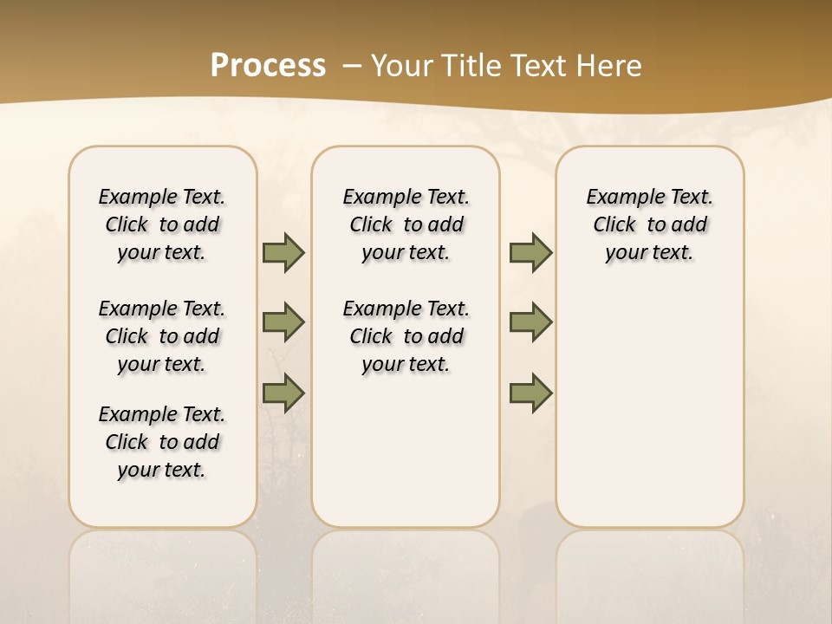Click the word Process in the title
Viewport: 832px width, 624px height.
click(x=268, y=65)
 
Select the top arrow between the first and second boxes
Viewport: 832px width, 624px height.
click(x=283, y=252)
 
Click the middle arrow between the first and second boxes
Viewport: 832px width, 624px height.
click(x=283, y=322)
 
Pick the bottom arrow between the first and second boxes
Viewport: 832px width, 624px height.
click(x=283, y=393)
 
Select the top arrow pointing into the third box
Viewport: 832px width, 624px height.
click(x=530, y=252)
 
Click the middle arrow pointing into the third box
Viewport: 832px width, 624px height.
click(x=530, y=322)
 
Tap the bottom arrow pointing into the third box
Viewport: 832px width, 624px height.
click(x=530, y=393)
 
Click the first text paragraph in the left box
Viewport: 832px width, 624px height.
click(x=162, y=224)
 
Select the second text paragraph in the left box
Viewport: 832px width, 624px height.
click(x=162, y=336)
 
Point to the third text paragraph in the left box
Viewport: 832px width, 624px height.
click(x=162, y=442)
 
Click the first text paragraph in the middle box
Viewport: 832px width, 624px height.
click(x=406, y=224)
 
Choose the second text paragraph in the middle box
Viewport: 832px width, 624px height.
click(x=406, y=336)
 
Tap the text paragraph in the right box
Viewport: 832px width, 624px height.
click(x=649, y=224)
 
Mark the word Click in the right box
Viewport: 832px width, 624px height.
click(x=614, y=225)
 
